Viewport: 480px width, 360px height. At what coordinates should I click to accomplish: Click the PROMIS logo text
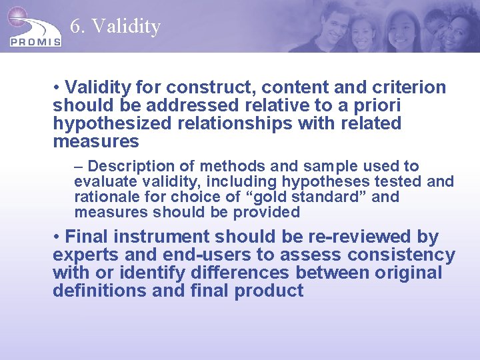tap(35, 41)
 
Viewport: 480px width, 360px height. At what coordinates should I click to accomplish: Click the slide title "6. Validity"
tap(115, 26)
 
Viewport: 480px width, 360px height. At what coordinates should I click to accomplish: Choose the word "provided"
tap(266, 212)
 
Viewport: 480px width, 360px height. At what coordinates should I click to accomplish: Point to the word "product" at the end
tap(269, 291)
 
